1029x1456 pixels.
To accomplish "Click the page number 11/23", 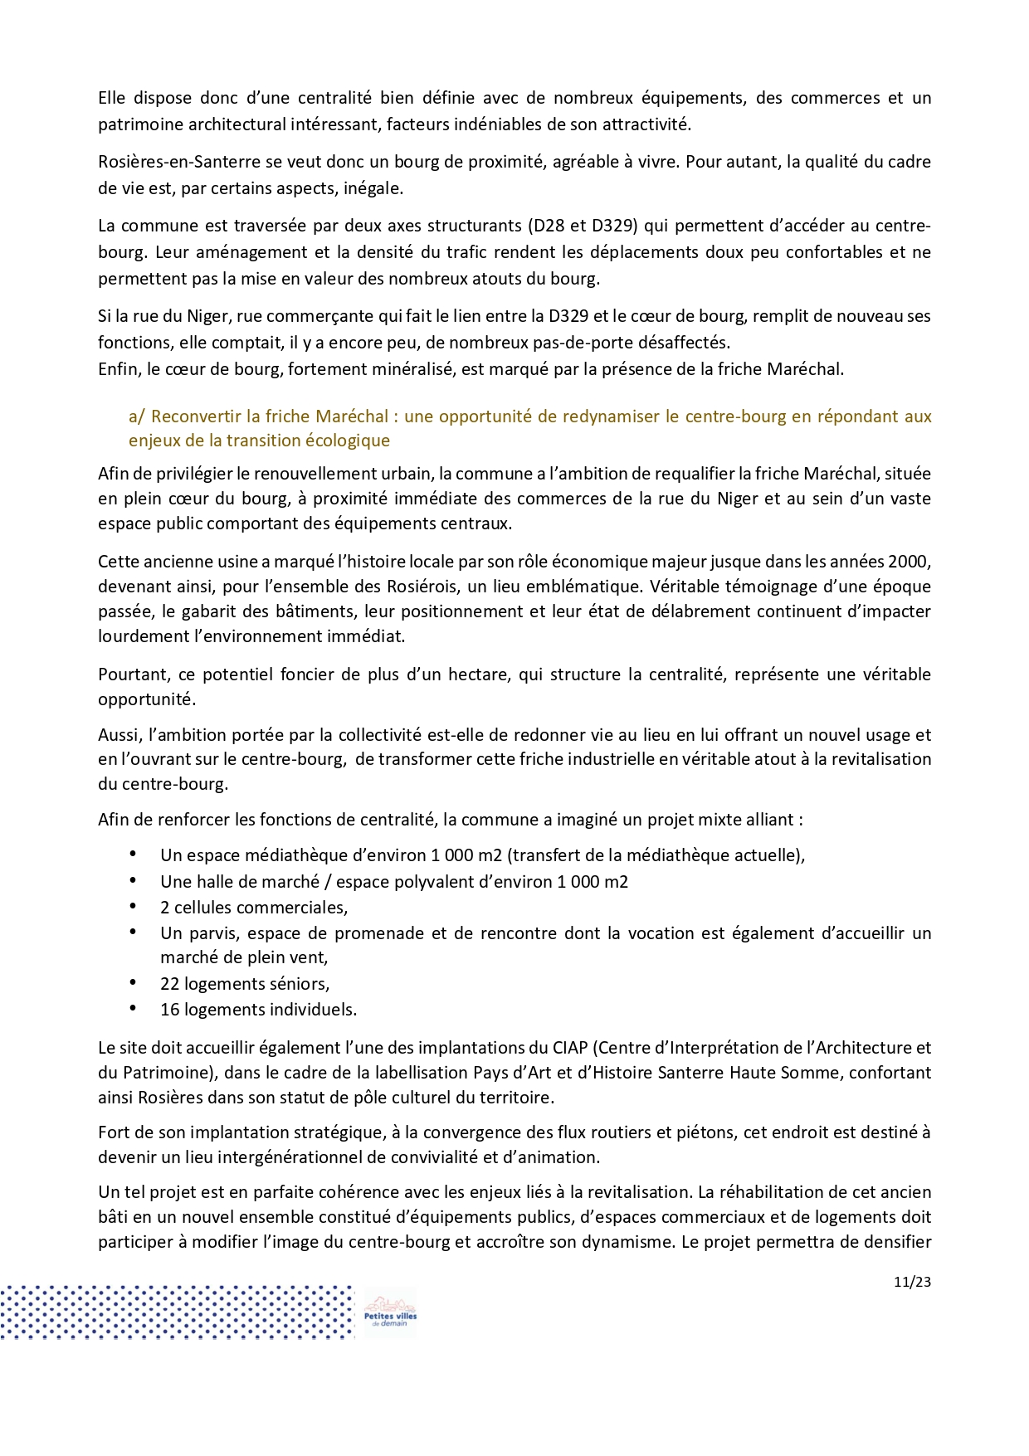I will pyautogui.click(x=912, y=1282).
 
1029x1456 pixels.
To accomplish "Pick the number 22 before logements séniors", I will pyautogui.click(x=169, y=984).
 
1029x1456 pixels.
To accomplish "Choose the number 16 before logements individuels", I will pyautogui.click(x=169, y=1010).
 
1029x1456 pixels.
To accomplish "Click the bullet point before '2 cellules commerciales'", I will pyautogui.click(x=133, y=907).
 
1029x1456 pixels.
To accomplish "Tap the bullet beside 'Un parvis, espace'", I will pyautogui.click(x=133, y=933).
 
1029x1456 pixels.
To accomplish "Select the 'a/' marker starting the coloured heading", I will pyautogui.click(x=137, y=416).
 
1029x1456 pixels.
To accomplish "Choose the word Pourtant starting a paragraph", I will pyautogui.click(x=133, y=674).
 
